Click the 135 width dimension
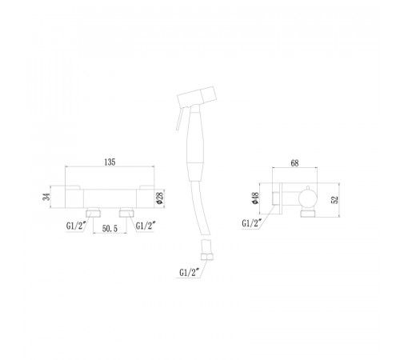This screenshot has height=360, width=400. [x=110, y=162]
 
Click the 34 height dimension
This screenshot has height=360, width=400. [x=46, y=197]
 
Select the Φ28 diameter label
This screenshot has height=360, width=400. [x=160, y=198]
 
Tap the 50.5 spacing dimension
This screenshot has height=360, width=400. [x=110, y=229]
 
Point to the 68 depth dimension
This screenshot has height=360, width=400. [x=294, y=163]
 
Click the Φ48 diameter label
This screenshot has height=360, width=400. [x=255, y=198]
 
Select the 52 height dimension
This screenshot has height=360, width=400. [x=334, y=200]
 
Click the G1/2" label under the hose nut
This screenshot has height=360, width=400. [x=190, y=273]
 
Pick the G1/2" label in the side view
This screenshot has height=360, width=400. [x=252, y=223]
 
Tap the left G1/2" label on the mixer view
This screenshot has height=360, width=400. [x=76, y=226]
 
